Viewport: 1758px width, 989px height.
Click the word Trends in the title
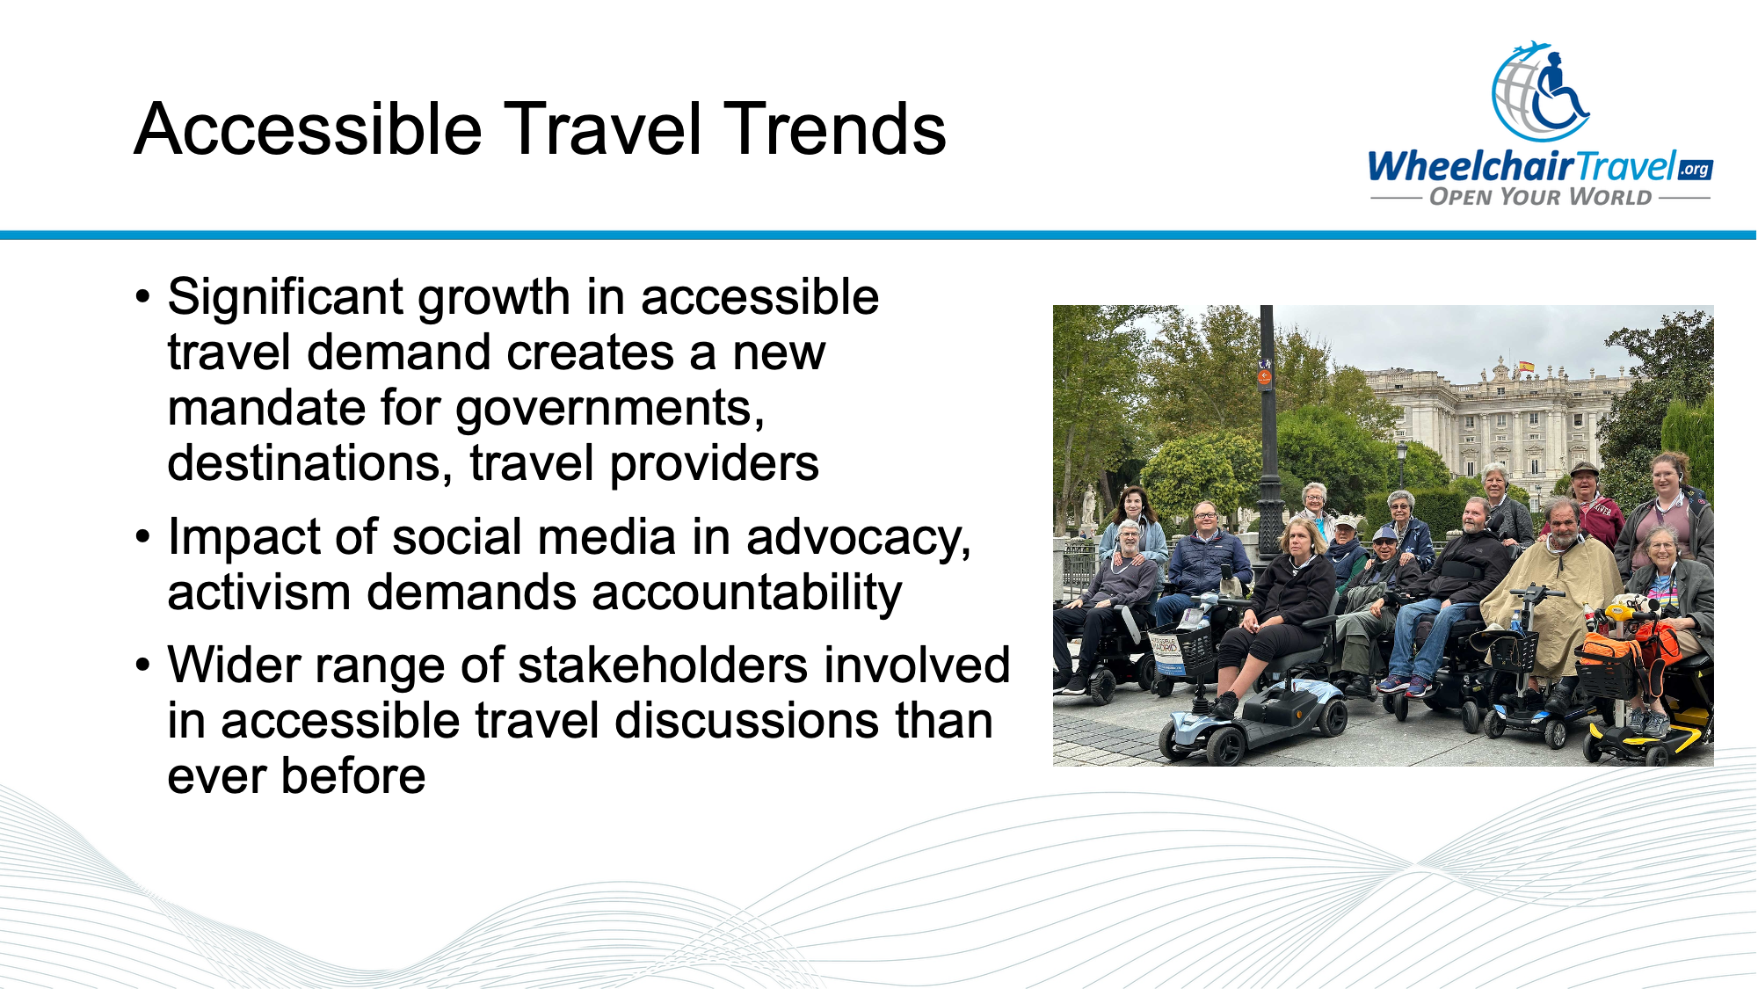point(833,129)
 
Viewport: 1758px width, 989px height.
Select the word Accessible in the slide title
point(308,129)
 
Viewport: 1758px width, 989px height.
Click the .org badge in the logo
point(1695,169)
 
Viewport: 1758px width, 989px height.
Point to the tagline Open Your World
point(1540,197)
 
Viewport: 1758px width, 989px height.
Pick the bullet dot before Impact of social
point(143,537)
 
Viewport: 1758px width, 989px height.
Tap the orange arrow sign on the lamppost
point(1264,377)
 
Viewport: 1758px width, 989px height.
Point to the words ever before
point(296,776)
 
